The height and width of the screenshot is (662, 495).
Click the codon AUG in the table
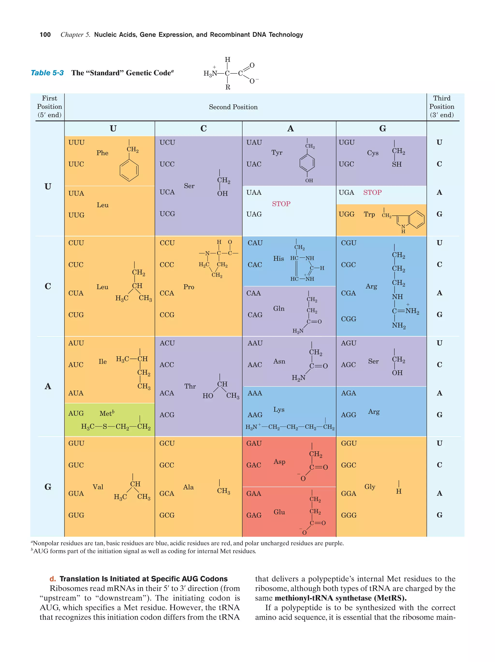click(76, 413)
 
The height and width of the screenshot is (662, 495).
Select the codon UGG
click(346, 214)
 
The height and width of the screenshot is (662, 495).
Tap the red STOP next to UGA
click(372, 192)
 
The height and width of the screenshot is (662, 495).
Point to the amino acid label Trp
click(369, 214)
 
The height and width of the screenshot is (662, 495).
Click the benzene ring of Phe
click(129, 170)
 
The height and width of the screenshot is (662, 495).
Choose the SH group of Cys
click(397, 164)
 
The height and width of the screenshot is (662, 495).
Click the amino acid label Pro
click(189, 287)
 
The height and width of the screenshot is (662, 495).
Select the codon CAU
click(255, 243)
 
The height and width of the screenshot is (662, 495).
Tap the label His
click(278, 258)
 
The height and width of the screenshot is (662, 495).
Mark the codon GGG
click(349, 515)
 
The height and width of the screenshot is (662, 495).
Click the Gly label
click(370, 487)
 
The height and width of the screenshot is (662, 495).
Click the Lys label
click(279, 409)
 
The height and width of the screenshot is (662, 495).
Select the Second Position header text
click(233, 107)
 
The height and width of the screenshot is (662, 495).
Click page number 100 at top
click(45, 35)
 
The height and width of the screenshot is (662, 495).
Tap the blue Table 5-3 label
click(47, 73)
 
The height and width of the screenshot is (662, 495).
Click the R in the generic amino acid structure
click(228, 87)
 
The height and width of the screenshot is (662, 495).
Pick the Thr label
click(190, 386)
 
